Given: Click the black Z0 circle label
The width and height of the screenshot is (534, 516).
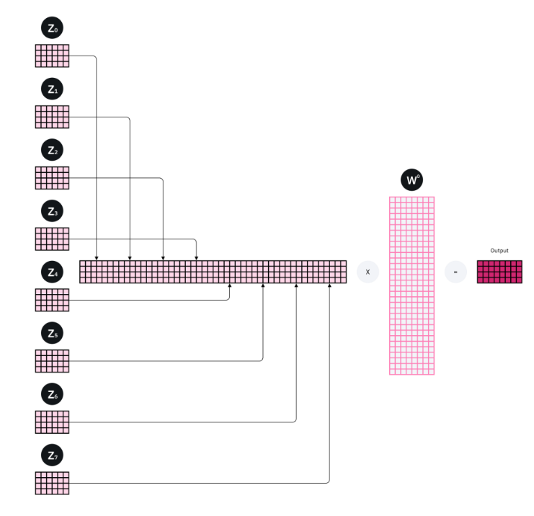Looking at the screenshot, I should coord(52,28).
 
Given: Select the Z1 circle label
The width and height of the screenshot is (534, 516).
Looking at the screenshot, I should coord(52,89).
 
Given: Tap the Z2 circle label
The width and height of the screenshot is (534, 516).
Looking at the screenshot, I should coord(52,151).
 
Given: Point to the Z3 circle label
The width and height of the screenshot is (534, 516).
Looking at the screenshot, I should coord(52,212).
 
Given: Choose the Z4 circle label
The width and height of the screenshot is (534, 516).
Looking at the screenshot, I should coord(52,273).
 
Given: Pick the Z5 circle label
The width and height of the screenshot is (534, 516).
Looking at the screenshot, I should coord(52,334).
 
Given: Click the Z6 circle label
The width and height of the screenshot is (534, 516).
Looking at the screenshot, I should coord(52,395).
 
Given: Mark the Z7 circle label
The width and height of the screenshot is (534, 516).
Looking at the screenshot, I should coord(52,456).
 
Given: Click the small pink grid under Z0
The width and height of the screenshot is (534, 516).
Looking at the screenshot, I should coord(52,55).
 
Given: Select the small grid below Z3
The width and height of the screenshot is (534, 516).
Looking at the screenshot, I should coord(52,239).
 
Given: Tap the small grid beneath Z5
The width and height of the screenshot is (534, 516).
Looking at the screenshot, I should coord(52,361).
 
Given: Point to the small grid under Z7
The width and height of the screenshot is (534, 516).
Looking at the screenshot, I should coord(52,483).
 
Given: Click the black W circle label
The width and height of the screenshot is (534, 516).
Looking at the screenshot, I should coord(412,180).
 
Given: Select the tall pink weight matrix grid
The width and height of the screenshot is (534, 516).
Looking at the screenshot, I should coord(412,285).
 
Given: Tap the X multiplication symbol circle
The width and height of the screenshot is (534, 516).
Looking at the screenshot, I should coord(368,272).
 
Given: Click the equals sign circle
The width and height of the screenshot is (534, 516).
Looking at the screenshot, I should coord(455,272).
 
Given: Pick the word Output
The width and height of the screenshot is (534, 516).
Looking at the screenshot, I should coord(499,251).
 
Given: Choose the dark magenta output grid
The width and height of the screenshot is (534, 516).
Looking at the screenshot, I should coord(499,272).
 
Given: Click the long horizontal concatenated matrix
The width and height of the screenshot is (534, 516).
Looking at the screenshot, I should coord(213,272).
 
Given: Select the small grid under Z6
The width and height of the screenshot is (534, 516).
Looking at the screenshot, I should coord(52,422).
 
